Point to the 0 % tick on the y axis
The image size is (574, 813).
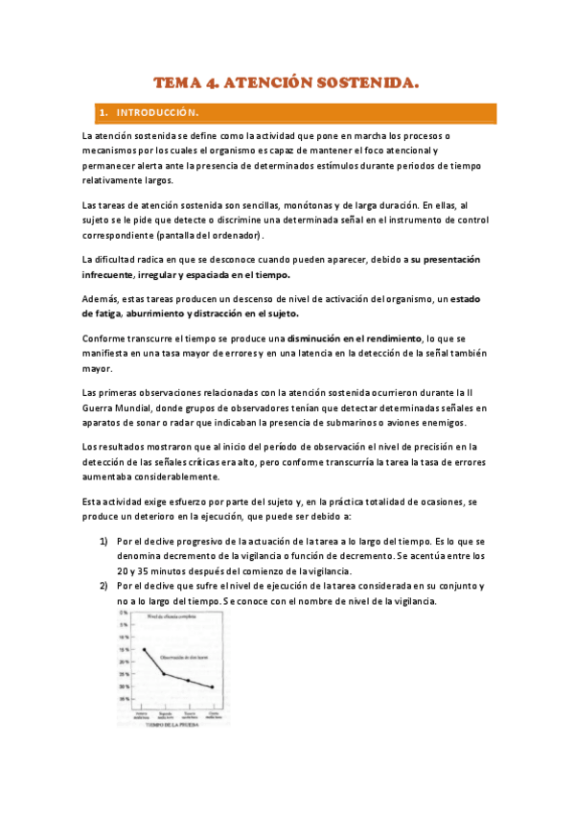point(123,612)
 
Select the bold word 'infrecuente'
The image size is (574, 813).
point(113,275)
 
